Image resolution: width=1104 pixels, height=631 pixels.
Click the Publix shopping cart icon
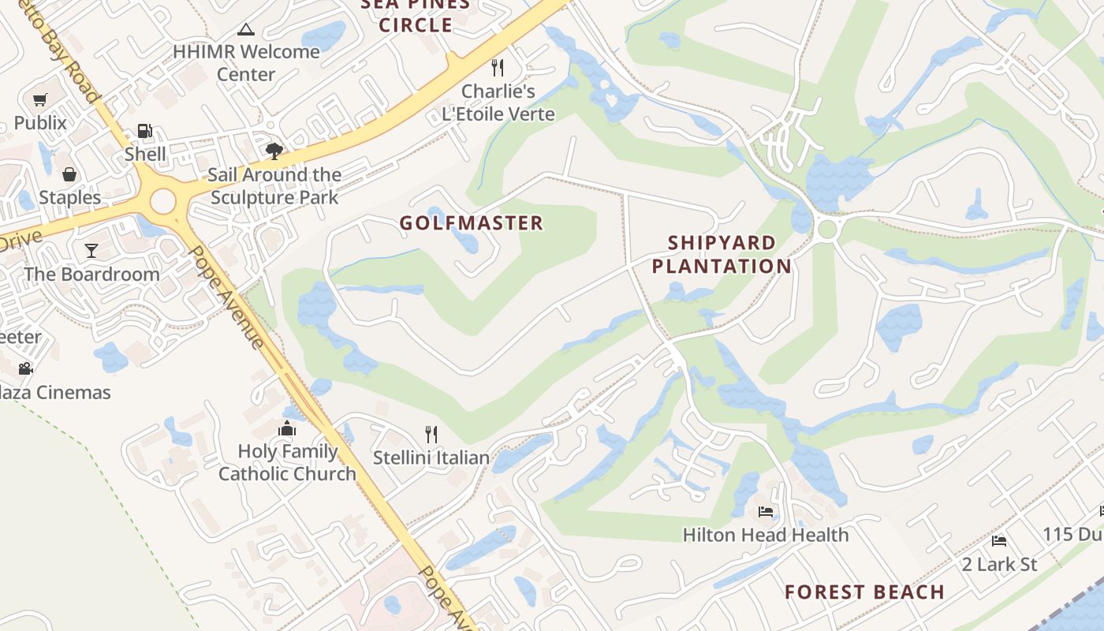coord(40,100)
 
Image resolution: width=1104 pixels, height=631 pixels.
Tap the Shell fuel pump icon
coord(144,131)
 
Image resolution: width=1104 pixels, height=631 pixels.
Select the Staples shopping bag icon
coord(69,174)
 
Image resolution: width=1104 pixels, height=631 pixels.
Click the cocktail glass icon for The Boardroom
coord(91,251)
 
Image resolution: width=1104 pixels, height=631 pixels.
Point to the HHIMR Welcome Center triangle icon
coord(246,30)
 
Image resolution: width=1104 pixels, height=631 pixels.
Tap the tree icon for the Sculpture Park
coord(274,151)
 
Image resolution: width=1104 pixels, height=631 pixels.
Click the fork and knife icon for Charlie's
coord(498,68)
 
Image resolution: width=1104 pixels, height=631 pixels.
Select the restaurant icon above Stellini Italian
coord(431,435)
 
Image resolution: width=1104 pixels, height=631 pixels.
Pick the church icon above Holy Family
coord(287,428)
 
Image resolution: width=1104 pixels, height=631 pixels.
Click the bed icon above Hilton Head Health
coord(766,512)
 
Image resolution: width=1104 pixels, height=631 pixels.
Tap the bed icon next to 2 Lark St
coord(999,541)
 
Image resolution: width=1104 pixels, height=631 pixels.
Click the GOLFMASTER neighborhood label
coord(472,223)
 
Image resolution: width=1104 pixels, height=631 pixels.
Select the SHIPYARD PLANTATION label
coord(722,254)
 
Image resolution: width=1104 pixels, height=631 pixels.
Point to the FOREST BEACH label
coord(864,592)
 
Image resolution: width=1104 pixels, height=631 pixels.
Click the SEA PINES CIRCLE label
coord(416,15)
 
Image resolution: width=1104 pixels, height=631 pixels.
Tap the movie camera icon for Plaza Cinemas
coord(25,368)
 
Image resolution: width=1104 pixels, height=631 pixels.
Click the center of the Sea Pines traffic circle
coord(162,201)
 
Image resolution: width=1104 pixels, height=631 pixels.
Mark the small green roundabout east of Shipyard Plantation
coord(827,230)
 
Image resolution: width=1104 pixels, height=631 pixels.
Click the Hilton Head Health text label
coord(766,535)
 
